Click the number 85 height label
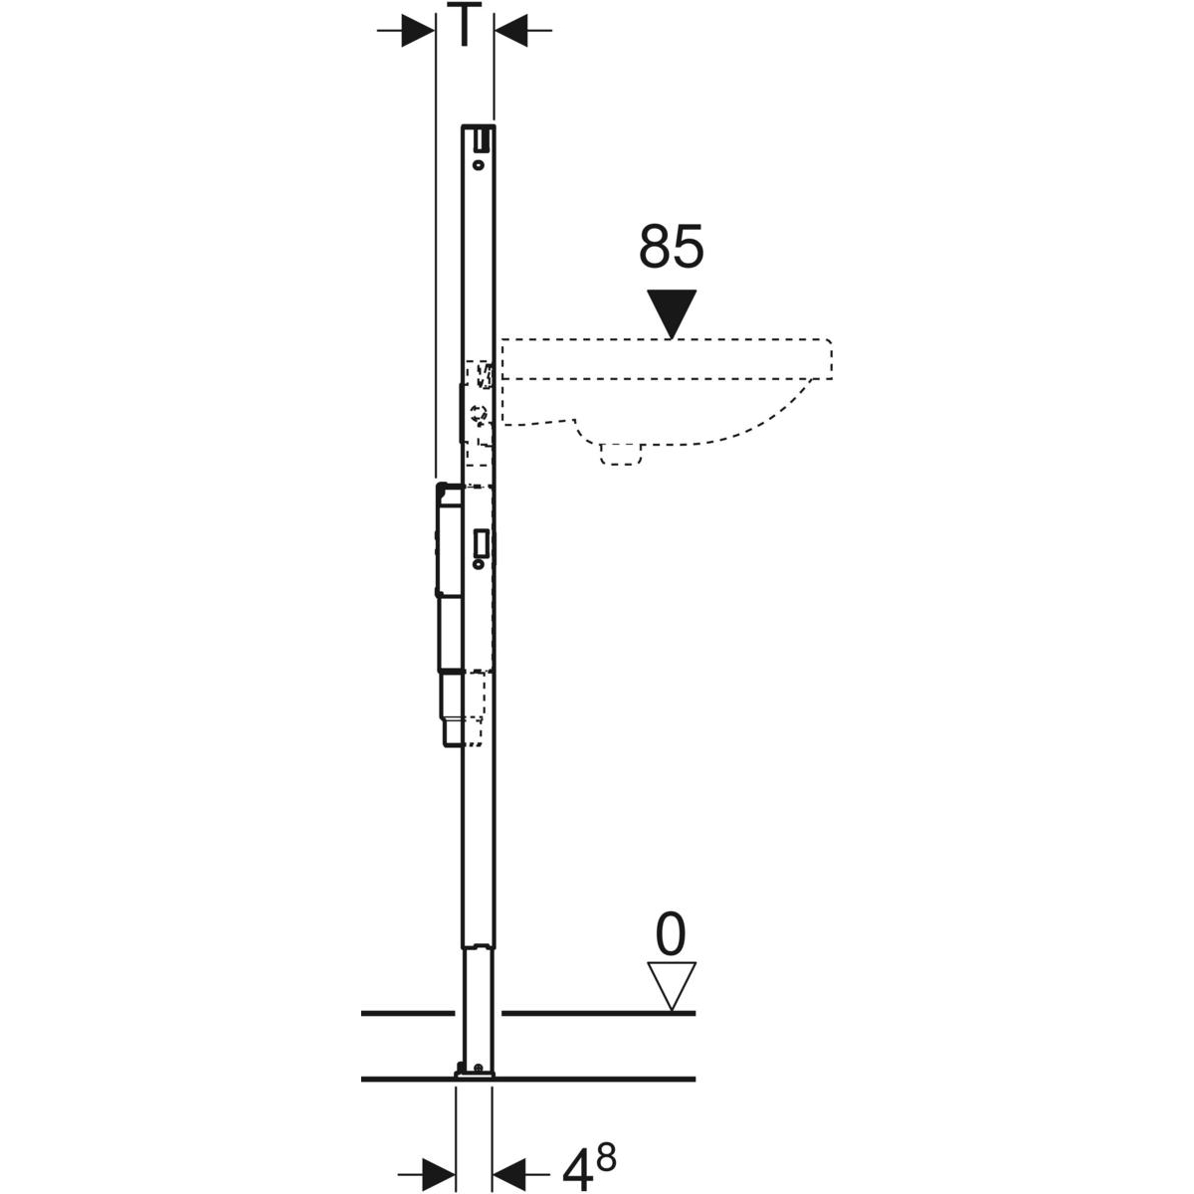(671, 247)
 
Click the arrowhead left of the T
(418, 30)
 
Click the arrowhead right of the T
(510, 30)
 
